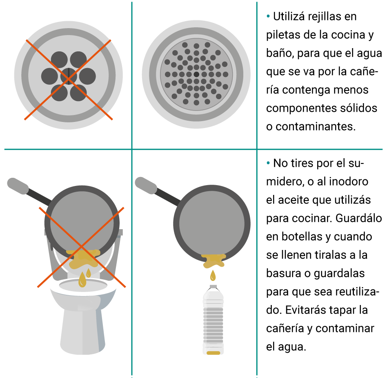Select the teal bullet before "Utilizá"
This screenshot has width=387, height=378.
[268, 17]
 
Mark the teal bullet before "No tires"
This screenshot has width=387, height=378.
[268, 163]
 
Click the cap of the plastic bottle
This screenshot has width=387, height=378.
[213, 287]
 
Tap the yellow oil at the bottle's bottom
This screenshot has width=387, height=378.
[213, 353]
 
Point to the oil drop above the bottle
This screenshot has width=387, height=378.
[213, 275]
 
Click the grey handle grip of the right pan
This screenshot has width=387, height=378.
[146, 185]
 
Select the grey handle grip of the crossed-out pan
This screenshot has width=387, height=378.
[18, 186]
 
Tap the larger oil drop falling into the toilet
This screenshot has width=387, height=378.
[82, 279]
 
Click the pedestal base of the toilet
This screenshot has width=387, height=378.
[82, 332]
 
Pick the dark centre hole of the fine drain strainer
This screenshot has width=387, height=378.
[196, 74]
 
